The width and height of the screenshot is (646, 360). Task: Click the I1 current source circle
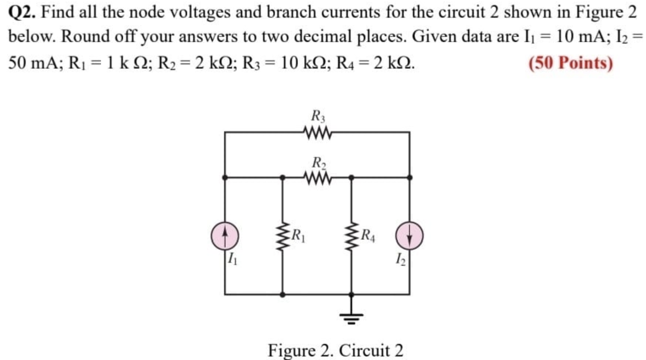pos(225,236)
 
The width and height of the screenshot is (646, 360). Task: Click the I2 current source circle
pos(410,236)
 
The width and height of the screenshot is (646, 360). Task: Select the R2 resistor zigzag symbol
pos(317,178)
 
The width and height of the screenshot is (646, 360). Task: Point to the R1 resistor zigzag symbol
pos(282,236)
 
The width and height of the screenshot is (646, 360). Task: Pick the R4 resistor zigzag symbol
pos(351,236)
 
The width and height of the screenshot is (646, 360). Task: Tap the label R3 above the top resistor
pos(318,116)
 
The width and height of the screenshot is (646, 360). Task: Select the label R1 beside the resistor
pos(298,236)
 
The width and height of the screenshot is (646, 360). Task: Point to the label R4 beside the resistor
pos(368,236)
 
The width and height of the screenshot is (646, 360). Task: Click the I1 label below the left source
pos(232,259)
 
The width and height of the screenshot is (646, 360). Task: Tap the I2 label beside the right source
pos(400,259)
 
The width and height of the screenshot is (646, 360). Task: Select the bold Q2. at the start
pos(23,13)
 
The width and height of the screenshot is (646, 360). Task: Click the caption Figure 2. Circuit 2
pos(335,350)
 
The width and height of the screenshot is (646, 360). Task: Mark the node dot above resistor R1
pos(282,178)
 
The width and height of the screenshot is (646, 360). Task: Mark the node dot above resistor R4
pos(351,178)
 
